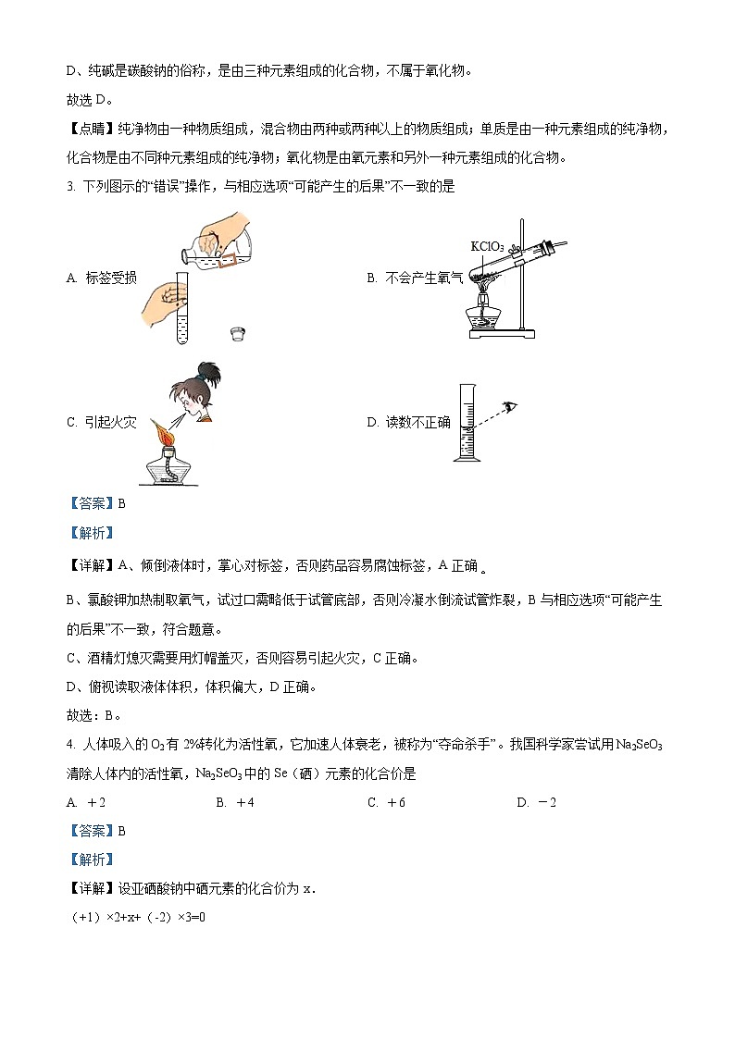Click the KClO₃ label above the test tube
coord(487,246)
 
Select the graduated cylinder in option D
coord(468,425)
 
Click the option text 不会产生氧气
coord(423,278)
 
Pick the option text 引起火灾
coord(110,423)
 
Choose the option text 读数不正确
coord(417,423)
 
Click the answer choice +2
coord(96,802)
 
